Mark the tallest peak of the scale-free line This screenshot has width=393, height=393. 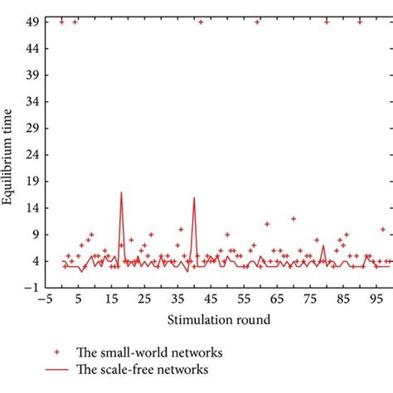pos(121,192)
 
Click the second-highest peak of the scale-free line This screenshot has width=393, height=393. pos(194,198)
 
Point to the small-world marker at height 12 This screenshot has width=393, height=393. pos(294,219)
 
